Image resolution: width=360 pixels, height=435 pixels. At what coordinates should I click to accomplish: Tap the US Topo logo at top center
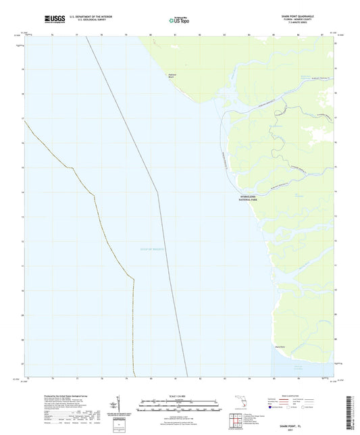175,20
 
